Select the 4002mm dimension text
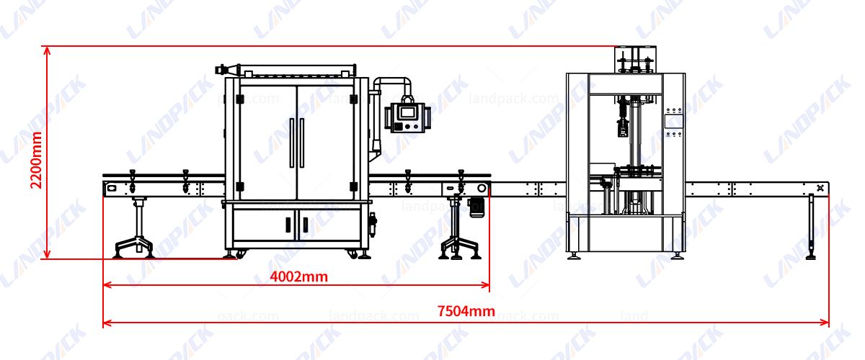click(x=298, y=276)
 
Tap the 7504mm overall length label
click(x=466, y=311)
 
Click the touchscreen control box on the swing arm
click(x=406, y=115)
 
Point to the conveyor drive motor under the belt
click(x=476, y=206)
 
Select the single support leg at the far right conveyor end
click(x=812, y=227)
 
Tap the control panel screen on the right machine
click(x=673, y=120)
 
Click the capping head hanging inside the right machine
click(x=624, y=125)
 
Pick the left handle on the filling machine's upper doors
click(x=292, y=143)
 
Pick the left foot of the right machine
click(x=574, y=255)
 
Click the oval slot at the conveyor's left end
click(x=111, y=188)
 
